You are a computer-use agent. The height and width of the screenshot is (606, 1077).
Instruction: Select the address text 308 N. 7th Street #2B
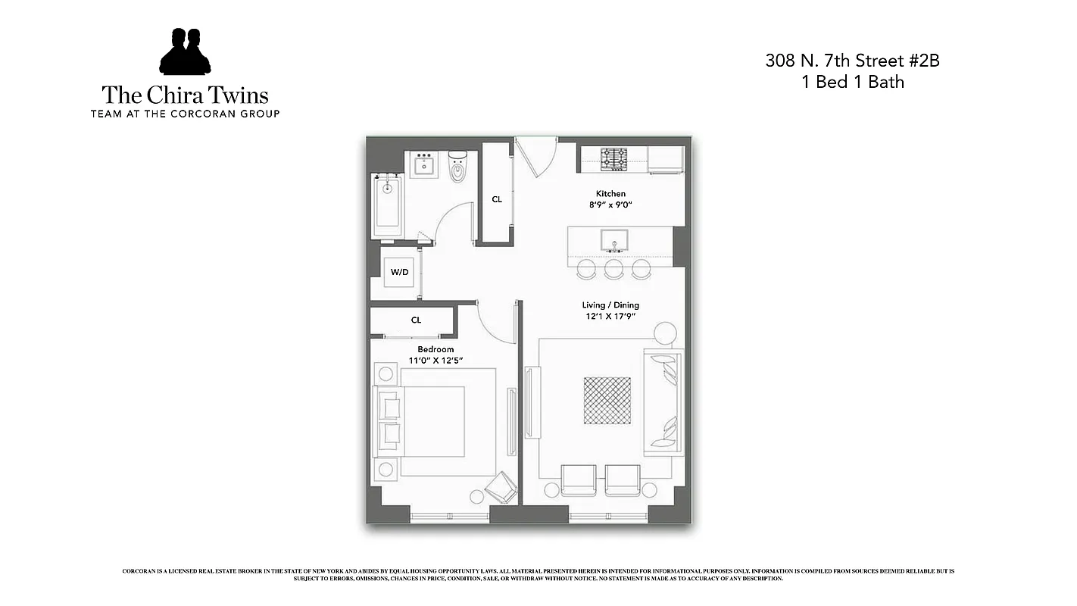click(852, 61)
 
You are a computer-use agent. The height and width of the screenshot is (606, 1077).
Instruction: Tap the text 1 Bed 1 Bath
click(852, 83)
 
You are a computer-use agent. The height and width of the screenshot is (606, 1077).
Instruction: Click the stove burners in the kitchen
click(614, 159)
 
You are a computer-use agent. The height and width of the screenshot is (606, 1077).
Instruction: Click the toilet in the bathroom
click(458, 167)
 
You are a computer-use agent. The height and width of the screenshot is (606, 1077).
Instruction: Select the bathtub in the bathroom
click(387, 205)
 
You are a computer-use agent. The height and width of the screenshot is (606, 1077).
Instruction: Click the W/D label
click(399, 272)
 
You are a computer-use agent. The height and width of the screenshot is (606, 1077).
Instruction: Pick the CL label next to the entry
click(497, 200)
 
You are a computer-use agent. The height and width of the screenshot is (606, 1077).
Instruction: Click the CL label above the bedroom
click(416, 320)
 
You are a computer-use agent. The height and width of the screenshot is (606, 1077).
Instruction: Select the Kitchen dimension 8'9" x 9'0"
click(610, 205)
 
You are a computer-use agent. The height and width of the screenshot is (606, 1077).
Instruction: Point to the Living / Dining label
click(610, 305)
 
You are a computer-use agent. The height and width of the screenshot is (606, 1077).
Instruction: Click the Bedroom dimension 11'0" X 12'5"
click(435, 361)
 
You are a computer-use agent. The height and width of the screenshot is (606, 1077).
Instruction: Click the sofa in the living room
click(663, 402)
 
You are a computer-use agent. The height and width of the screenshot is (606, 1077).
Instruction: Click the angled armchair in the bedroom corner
click(501, 486)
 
